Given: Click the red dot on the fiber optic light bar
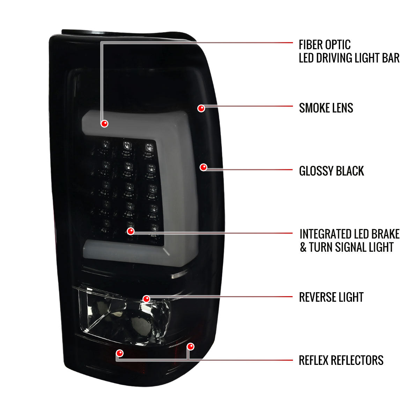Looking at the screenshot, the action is click(105, 124).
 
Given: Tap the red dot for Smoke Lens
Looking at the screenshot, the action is click(201, 108).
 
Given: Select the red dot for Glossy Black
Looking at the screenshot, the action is click(203, 167).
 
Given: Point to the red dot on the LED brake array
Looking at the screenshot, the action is click(131, 231).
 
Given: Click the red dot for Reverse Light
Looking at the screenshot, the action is click(147, 299).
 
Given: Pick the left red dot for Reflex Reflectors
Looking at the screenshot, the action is click(120, 353).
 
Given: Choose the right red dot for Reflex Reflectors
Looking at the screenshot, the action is click(191, 346).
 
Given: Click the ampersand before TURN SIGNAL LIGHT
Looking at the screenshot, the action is click(303, 247).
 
